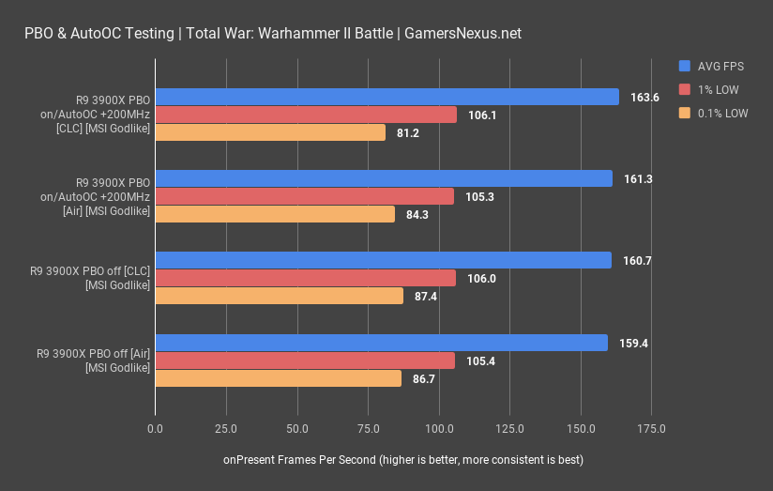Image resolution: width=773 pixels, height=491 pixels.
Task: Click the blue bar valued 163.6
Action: click(386, 97)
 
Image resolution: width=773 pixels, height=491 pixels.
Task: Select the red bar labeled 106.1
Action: click(306, 115)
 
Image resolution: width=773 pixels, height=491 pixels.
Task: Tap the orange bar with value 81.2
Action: click(270, 132)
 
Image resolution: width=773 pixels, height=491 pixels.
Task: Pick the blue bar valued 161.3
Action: click(384, 178)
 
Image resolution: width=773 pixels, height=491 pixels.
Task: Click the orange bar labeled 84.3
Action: click(275, 214)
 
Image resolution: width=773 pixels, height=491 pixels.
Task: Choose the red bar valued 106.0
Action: click(306, 278)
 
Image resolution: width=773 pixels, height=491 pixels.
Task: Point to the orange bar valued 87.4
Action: click(280, 296)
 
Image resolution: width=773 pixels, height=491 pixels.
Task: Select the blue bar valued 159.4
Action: click(381, 343)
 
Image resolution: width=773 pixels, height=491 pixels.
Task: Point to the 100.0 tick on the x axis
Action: click(439, 429)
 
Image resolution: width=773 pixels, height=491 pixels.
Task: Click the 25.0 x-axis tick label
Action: click(226, 429)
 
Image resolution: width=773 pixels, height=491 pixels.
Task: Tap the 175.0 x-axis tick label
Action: click(651, 429)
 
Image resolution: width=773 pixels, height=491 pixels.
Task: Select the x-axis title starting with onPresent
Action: click(403, 460)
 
